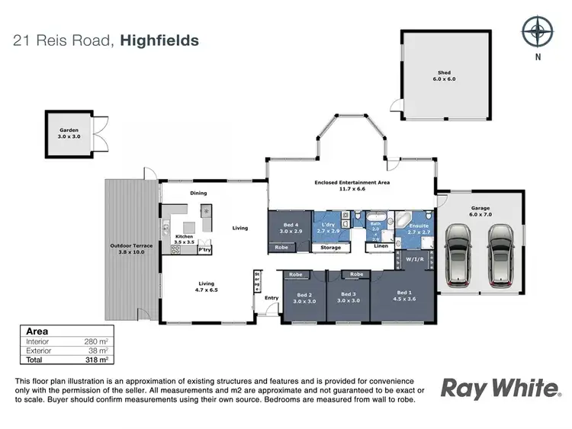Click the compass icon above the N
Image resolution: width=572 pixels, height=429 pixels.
[x=537, y=30]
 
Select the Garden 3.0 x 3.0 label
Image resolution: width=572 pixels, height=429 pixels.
[x=69, y=133]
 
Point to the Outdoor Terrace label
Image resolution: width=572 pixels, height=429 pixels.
[x=131, y=249]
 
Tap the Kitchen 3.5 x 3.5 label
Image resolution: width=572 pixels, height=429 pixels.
[x=183, y=239]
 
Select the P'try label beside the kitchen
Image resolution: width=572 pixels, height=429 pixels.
[x=204, y=250]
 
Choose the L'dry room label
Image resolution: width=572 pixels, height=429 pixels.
[x=330, y=227]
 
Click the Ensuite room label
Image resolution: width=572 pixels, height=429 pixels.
[x=419, y=227]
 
